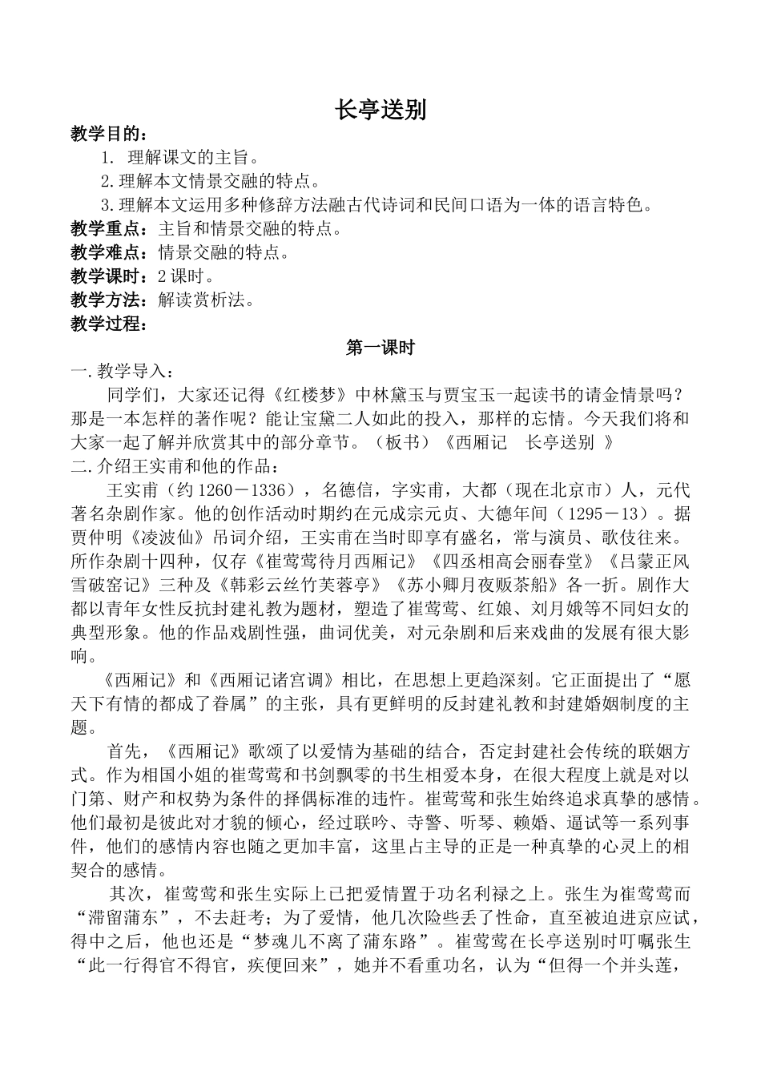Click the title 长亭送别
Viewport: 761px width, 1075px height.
click(x=380, y=110)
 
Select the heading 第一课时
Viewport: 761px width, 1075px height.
click(x=380, y=348)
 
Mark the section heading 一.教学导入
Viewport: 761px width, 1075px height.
click(x=119, y=372)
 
